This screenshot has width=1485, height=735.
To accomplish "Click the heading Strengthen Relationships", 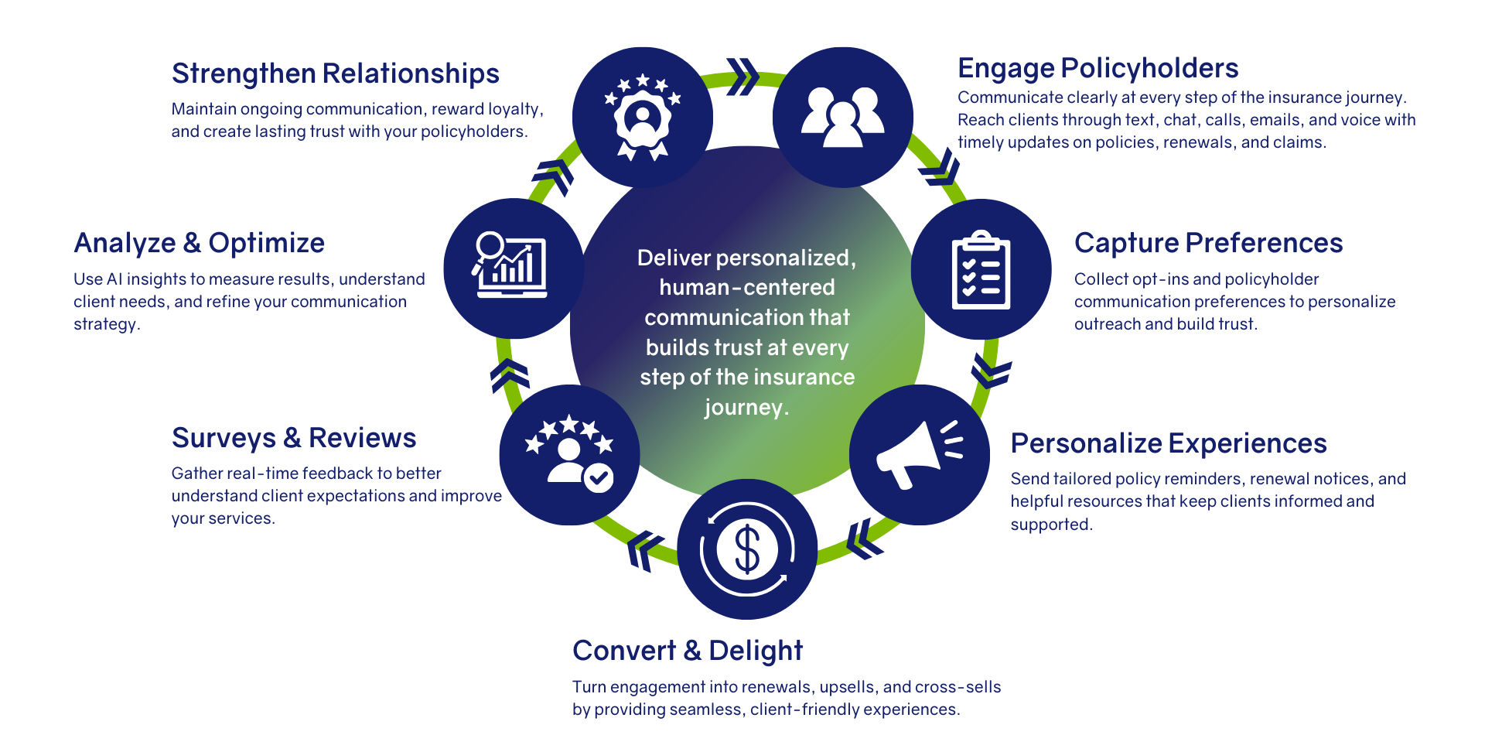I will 335,73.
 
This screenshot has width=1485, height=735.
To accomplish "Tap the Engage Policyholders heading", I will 1098,68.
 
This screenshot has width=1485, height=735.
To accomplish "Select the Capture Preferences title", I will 1208,243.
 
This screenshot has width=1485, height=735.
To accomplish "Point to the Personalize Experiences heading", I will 1168,443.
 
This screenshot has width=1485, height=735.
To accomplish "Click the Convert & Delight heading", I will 688,651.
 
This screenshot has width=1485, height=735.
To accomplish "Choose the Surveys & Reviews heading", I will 294,438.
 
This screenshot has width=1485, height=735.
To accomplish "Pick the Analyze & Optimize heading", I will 199,243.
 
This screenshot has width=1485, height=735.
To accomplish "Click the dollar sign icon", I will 747,549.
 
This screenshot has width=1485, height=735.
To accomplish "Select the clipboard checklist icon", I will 981,270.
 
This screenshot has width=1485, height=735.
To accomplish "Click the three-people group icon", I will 842,117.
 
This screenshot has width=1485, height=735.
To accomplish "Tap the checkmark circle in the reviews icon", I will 598,477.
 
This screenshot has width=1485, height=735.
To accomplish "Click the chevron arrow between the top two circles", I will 742,77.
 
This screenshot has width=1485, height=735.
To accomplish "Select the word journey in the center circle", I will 743,407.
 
